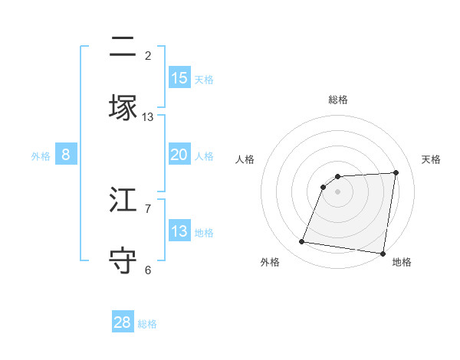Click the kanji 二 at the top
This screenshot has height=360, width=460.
pyautogui.click(x=123, y=47)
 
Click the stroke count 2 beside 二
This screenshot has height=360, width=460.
pyautogui.click(x=148, y=56)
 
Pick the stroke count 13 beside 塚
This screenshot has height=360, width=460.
pyautogui.click(x=148, y=117)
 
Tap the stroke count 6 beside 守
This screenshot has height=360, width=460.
pyautogui.click(x=148, y=270)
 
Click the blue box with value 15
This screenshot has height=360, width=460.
pyautogui.click(x=179, y=78)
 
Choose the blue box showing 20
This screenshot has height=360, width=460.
pyautogui.click(x=179, y=155)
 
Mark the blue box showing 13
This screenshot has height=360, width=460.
pyautogui.click(x=179, y=231)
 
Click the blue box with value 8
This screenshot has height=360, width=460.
pyautogui.click(x=66, y=155)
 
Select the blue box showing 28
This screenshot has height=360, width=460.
pyautogui.click(x=123, y=322)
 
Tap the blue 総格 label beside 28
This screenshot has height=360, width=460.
pyautogui.click(x=147, y=324)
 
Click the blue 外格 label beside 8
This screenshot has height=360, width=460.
pyautogui.click(x=41, y=156)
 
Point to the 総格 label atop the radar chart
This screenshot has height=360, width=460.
pyautogui.click(x=338, y=100)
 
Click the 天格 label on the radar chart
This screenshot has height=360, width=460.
pyautogui.click(x=432, y=159)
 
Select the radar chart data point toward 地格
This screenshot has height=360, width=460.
pyautogui.click(x=383, y=254)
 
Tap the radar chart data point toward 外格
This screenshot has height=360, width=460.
pyautogui.click(x=301, y=242)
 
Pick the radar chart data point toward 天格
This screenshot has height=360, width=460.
pyautogui.click(x=396, y=172)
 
